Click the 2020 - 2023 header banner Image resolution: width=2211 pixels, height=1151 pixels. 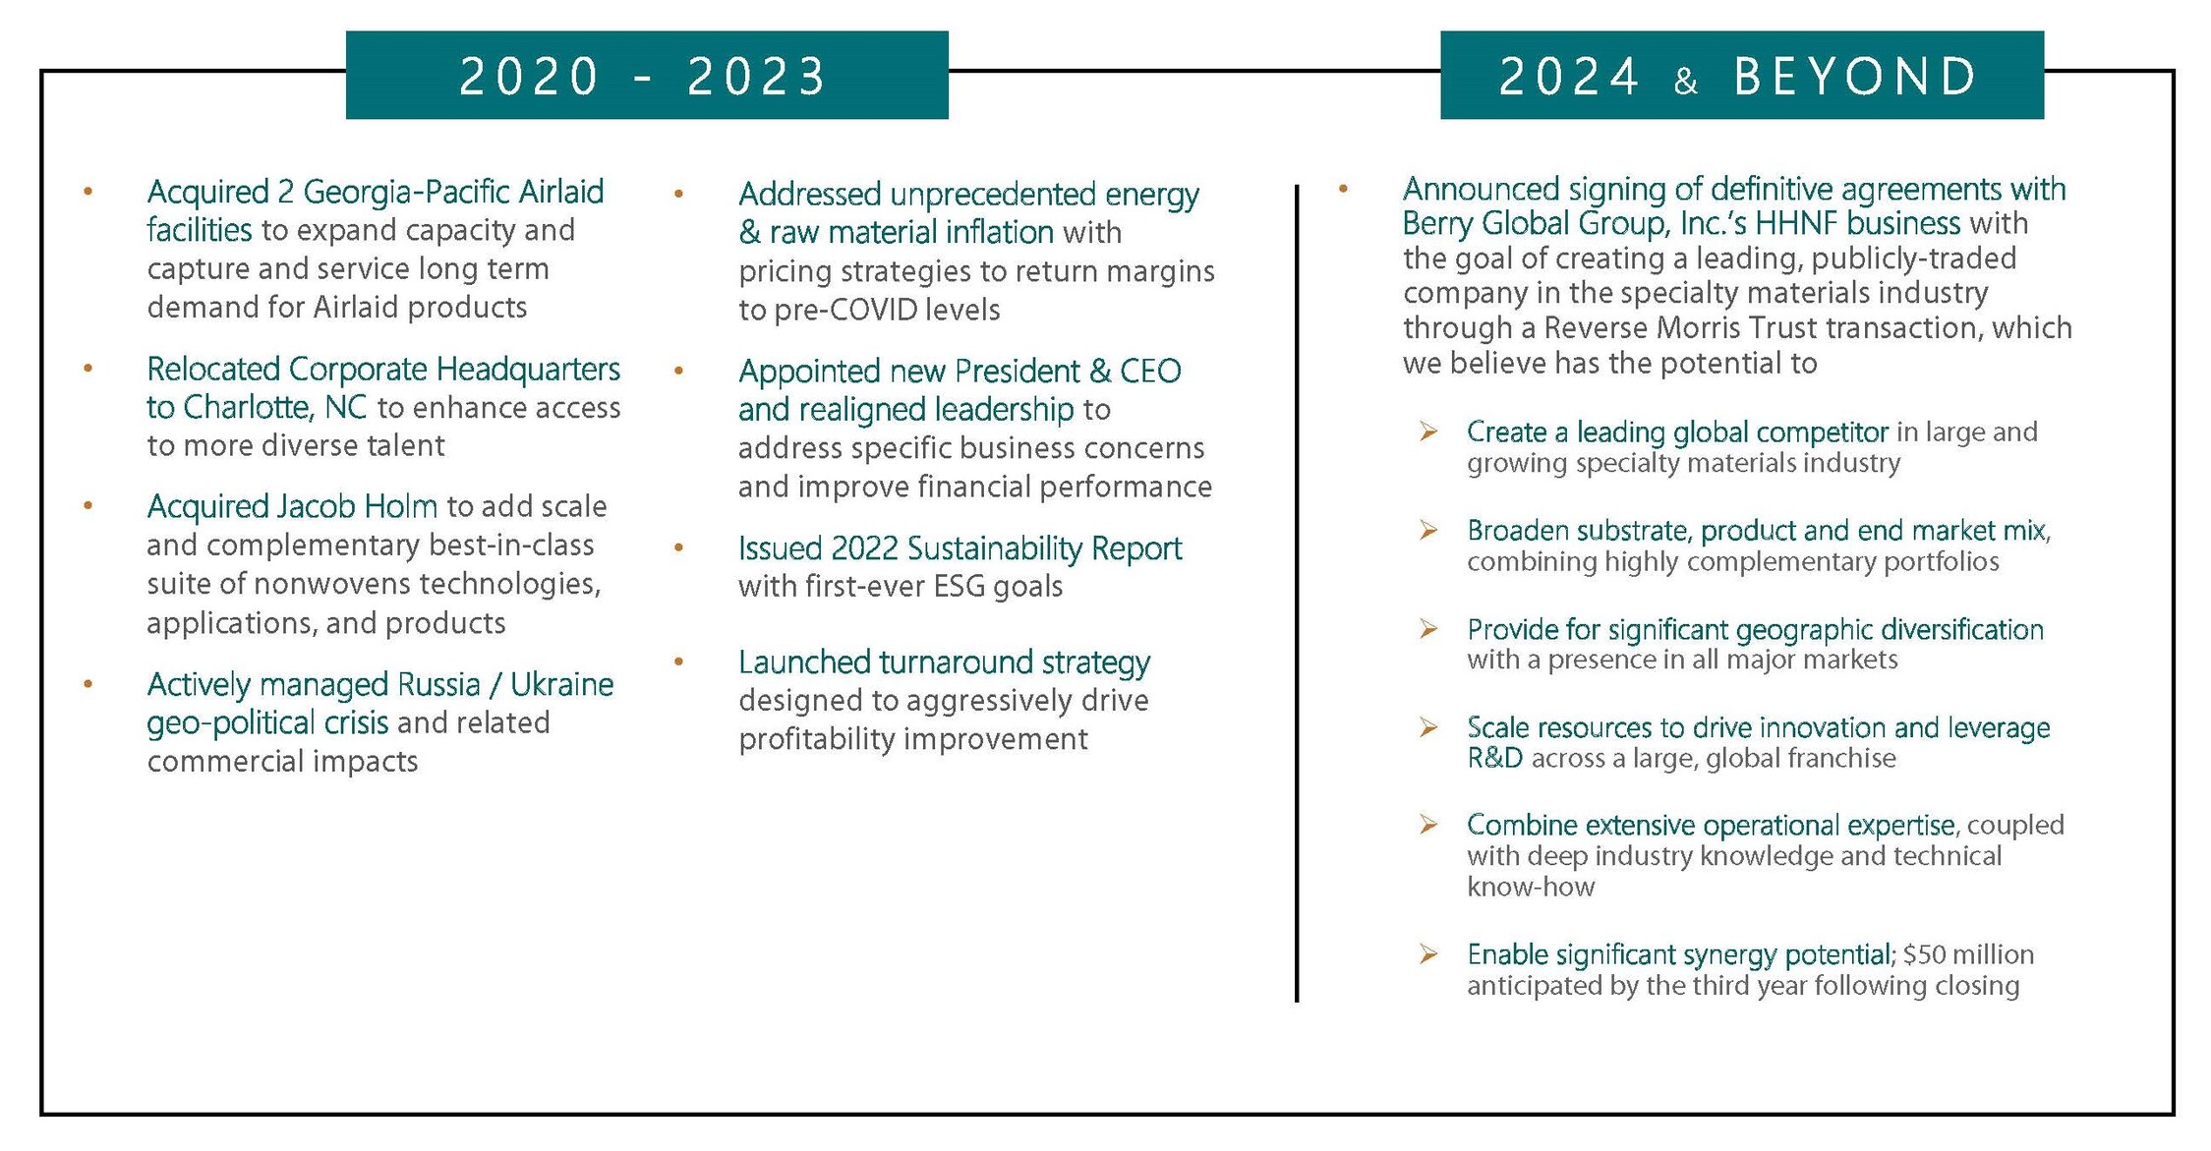[646, 76]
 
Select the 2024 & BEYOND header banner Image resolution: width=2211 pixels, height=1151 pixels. [1741, 76]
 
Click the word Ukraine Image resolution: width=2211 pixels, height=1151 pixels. [561, 684]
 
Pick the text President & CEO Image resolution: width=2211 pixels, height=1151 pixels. [1068, 372]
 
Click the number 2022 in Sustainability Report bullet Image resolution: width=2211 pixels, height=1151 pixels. [864, 548]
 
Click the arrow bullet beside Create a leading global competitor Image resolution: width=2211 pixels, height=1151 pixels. [1428, 432]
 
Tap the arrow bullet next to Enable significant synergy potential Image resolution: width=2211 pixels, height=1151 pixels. [1428, 953]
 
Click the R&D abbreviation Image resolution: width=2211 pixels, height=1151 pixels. [1494, 759]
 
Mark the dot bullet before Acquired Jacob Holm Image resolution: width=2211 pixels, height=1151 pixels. [88, 506]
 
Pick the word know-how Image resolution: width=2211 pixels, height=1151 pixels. [1531, 888]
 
